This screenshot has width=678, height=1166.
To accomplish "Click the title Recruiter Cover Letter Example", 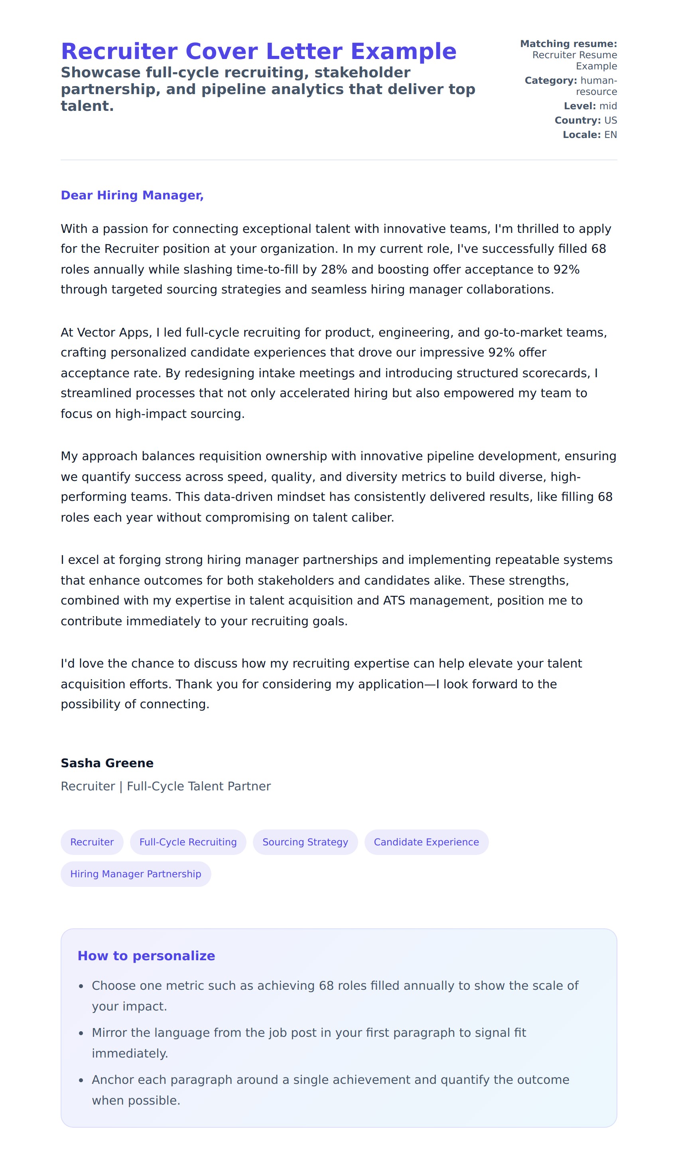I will pos(258,51).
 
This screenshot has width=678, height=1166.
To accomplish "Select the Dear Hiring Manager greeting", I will pos(132,195).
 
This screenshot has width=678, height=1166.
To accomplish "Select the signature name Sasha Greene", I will pos(107,763).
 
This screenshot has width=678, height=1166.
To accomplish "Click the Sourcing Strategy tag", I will pos(305,842).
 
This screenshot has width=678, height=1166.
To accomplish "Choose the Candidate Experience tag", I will pos(426,842).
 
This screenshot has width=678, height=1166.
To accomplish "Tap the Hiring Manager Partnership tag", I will pos(136,874).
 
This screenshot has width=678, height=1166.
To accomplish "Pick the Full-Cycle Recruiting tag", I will pos(188,842).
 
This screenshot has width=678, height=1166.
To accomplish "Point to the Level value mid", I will pos(608,106).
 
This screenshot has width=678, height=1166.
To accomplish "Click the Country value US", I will pos(611,120).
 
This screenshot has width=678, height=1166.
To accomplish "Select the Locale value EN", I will pos(611,135).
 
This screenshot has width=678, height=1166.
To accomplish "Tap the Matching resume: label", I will pos(568,44).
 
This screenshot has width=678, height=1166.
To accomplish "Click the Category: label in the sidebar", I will pos(551,81).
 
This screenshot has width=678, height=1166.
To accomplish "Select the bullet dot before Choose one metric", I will pos(81,987).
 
